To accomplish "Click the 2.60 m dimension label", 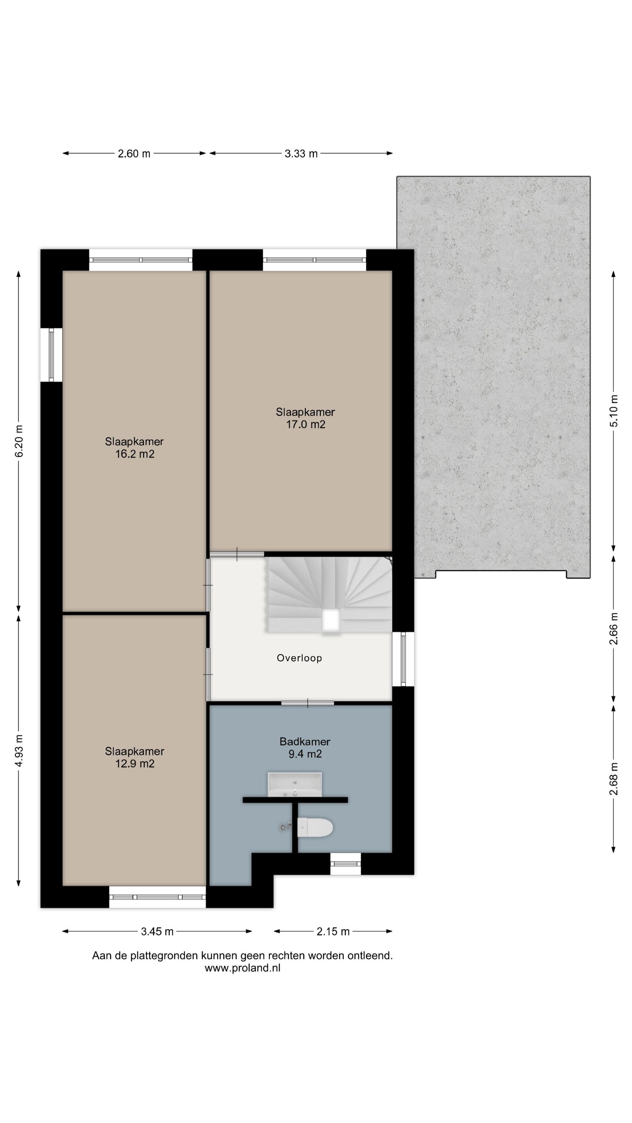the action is coord(134,154).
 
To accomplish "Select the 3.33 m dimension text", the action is coord(301,154).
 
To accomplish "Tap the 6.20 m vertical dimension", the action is coord(19,441).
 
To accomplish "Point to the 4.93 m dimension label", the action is coord(19,751).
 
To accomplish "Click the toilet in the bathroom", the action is coord(315,828).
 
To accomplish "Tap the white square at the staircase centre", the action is coord(330,620).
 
